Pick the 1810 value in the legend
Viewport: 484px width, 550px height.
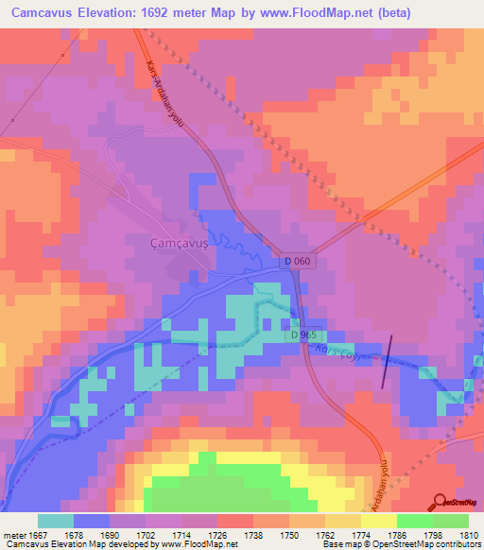468,535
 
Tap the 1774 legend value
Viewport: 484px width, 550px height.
361,535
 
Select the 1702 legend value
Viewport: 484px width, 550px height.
147,535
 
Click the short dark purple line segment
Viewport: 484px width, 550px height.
387,361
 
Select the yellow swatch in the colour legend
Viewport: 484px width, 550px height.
379,521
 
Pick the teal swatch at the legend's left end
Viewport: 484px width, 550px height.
56,521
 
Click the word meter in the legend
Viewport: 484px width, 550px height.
14,535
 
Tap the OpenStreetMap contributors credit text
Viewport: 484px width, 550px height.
444,545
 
